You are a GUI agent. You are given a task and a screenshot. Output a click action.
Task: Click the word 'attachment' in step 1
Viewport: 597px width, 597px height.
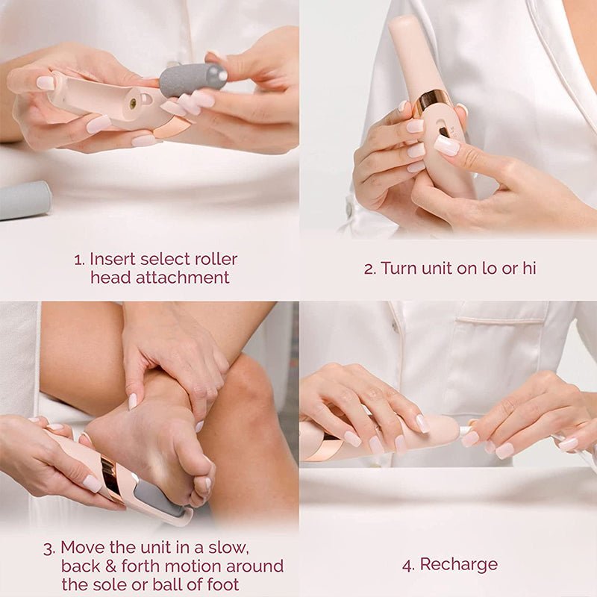click(x=160, y=278)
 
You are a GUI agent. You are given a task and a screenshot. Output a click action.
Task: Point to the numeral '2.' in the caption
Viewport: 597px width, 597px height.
click(x=370, y=269)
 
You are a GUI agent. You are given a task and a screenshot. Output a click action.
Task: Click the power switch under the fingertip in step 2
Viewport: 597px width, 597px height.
click(x=446, y=133)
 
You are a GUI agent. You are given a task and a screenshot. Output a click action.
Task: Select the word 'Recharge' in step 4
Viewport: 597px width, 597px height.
click(x=459, y=564)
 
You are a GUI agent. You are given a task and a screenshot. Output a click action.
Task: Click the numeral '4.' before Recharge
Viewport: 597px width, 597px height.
click(x=408, y=564)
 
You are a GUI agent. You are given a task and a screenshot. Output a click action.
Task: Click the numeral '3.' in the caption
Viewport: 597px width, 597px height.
click(x=49, y=548)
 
